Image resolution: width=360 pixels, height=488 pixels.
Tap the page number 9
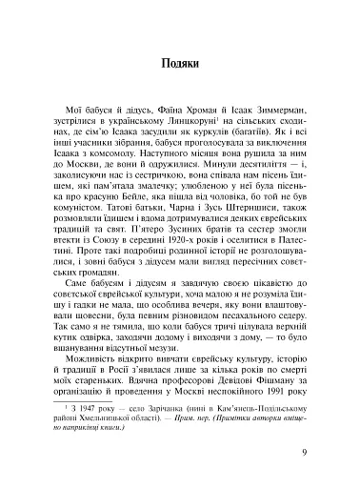click(303, 452)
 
